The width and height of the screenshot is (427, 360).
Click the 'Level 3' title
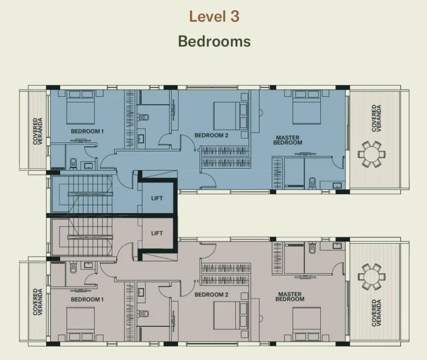click(214, 16)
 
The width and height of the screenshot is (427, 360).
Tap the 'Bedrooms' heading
click(214, 41)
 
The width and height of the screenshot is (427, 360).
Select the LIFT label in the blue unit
click(157, 199)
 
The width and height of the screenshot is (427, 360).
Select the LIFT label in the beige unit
click(157, 233)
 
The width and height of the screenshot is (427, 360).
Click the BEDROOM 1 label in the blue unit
click(87, 131)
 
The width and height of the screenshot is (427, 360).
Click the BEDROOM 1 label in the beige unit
click(87, 299)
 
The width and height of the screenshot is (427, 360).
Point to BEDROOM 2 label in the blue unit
click(211, 135)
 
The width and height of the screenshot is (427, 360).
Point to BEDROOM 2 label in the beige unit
click(211, 294)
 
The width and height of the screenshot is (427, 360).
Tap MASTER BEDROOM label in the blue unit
click(287, 140)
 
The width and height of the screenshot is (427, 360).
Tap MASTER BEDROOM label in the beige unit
click(290, 297)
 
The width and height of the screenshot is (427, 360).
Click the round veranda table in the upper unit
click(371, 154)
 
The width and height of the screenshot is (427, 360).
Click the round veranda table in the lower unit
click(371, 277)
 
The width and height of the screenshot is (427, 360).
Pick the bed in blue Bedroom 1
click(81, 107)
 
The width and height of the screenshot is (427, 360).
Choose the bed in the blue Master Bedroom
click(307, 107)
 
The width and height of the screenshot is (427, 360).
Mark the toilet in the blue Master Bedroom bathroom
click(312, 183)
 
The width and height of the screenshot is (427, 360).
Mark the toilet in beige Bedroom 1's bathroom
click(73, 267)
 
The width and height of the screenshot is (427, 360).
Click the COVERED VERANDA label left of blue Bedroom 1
click(38, 131)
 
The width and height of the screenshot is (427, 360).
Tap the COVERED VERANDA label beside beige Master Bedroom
click(376, 313)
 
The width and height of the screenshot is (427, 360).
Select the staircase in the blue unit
click(90, 194)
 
